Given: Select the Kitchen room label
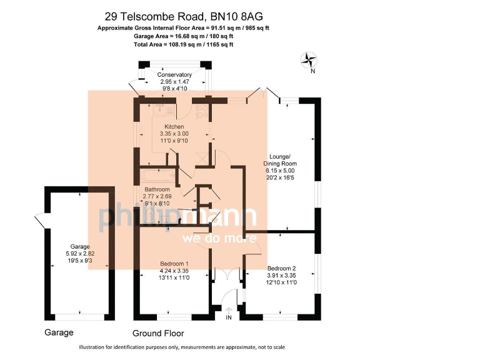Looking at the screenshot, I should pyautogui.click(x=174, y=126).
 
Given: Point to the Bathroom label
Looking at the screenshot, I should pyautogui.click(x=157, y=189).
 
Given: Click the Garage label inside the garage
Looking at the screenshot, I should pyautogui.click(x=79, y=246).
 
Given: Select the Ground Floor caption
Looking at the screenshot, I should pyautogui.click(x=158, y=333).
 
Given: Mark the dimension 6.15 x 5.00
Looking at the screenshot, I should pyautogui.click(x=279, y=171).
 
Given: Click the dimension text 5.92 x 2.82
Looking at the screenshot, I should pyautogui.click(x=79, y=253).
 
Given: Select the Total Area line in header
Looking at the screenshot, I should pyautogui.click(x=184, y=45).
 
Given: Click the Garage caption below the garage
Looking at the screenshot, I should pyautogui.click(x=59, y=332).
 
